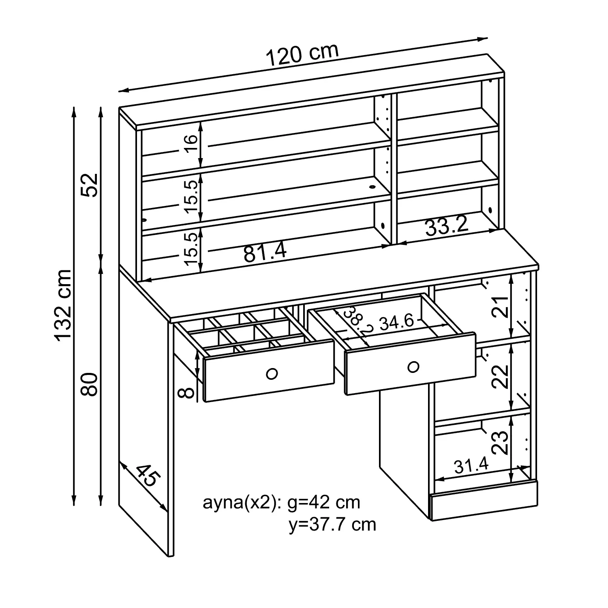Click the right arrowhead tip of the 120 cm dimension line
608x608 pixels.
pos(487,39)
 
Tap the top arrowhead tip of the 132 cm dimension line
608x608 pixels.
pos(73,107)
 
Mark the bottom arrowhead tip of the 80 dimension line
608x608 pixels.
pos(101,506)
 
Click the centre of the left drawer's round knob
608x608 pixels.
pos(272,373)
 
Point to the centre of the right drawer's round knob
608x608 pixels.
pos(413,367)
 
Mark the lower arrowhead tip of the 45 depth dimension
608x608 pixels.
pos(167,512)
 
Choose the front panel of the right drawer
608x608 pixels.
pos(410,364)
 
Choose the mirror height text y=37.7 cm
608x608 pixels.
pos(332,525)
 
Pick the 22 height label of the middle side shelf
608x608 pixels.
pos(500,377)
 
